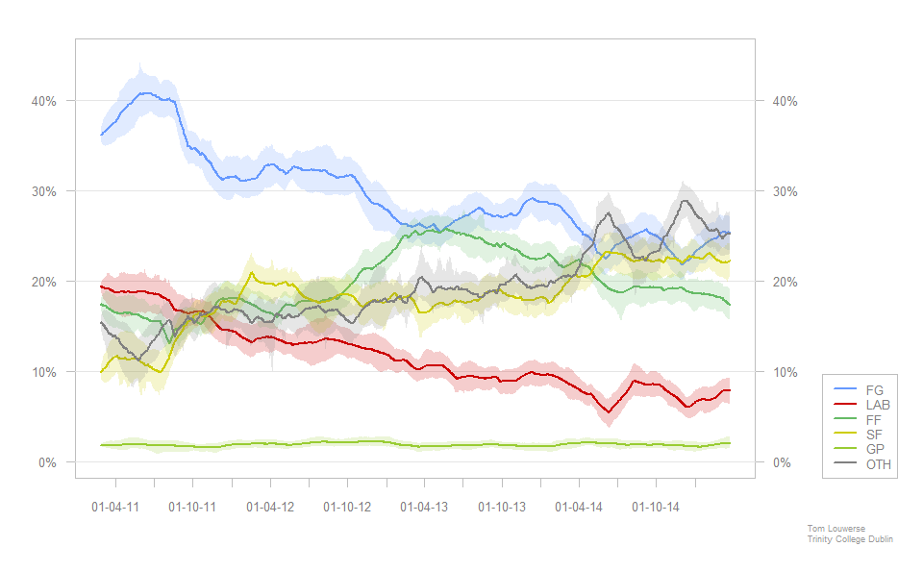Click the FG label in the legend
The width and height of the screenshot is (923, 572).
(874, 390)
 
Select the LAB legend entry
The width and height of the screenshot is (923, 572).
(878, 406)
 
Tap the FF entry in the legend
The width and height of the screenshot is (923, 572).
(874, 420)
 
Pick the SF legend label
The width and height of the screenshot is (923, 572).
(874, 435)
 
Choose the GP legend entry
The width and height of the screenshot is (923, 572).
(875, 450)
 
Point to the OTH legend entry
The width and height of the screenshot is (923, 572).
(878, 464)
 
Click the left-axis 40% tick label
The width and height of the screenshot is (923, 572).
(44, 101)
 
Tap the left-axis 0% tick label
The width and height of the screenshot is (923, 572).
(48, 462)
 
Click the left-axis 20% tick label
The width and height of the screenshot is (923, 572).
(44, 282)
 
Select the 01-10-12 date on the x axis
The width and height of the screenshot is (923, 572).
(347, 506)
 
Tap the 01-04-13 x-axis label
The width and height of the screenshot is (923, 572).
(424, 506)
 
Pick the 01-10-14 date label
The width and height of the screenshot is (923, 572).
(656, 506)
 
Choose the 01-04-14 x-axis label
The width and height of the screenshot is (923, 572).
(579, 506)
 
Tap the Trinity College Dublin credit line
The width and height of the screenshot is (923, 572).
(850, 539)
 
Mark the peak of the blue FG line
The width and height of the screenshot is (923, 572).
(145, 93)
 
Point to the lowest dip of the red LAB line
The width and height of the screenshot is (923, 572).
(609, 412)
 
